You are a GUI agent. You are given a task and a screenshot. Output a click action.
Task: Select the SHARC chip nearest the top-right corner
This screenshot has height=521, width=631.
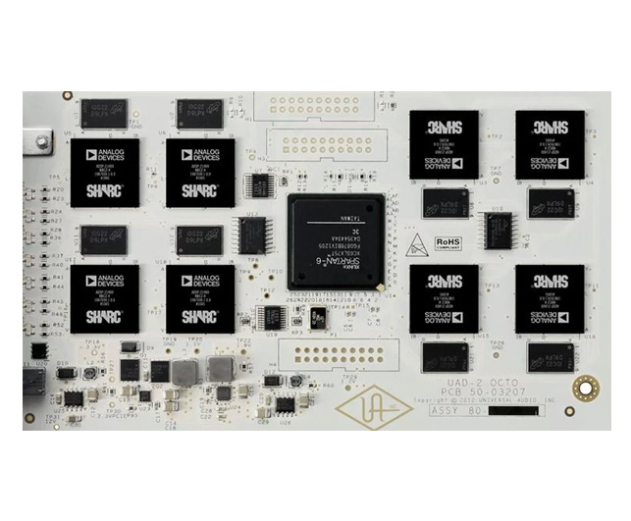550,143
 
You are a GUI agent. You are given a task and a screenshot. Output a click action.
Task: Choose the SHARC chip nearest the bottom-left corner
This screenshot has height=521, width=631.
104,296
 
